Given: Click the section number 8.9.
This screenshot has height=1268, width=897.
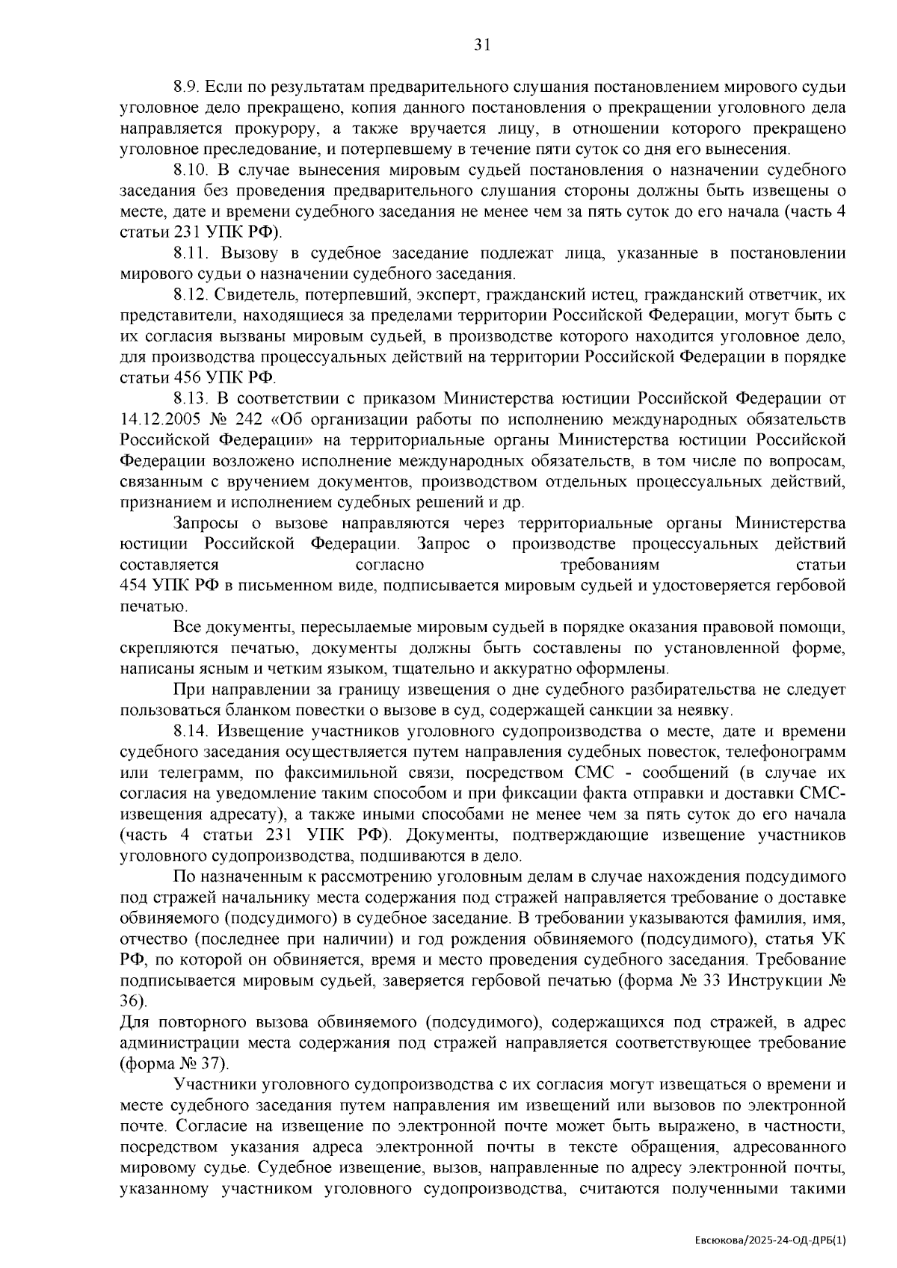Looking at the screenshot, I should point(185,87).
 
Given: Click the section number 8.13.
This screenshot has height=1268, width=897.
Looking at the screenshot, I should point(188,396).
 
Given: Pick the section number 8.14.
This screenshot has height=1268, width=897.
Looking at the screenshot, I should point(188,731).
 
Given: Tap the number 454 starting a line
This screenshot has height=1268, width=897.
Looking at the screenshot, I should point(133,585).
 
